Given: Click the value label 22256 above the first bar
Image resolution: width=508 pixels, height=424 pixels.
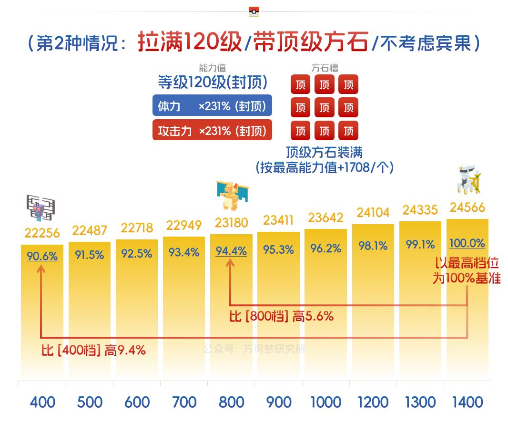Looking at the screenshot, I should (x=42, y=233).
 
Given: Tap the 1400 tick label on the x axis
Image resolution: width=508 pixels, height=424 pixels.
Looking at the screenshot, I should (x=467, y=402).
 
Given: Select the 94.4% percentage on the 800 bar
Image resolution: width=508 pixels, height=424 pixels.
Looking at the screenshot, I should (x=231, y=251).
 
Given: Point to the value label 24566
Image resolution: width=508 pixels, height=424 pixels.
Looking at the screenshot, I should (x=467, y=207).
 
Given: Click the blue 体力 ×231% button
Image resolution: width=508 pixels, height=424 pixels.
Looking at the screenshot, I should (x=212, y=106).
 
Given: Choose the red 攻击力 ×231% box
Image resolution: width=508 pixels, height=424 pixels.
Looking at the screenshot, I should (x=212, y=131).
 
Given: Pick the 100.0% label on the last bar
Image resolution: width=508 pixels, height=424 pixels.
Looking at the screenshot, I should (x=467, y=243).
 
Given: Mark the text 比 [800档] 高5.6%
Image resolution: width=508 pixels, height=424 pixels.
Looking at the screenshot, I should (x=281, y=316).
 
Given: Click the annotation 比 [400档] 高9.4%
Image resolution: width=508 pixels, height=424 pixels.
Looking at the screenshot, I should (x=93, y=351).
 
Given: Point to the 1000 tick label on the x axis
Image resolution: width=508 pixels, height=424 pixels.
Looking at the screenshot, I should (x=326, y=402).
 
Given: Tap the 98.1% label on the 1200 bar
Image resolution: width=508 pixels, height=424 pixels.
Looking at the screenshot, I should (x=373, y=246).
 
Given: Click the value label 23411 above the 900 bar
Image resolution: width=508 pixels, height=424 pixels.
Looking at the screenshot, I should (x=278, y=220).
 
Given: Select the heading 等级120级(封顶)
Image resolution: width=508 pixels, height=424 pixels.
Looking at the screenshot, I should (x=212, y=83).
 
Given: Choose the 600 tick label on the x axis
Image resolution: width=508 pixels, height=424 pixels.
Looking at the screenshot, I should (x=137, y=402).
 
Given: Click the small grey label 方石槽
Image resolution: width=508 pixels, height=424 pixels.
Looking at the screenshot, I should (x=325, y=68).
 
